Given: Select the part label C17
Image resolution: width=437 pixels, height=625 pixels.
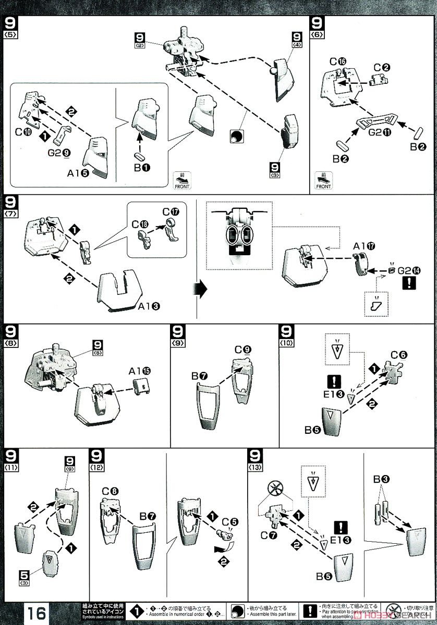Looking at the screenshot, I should [171, 212].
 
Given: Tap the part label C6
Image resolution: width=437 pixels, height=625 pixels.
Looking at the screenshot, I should [399, 355].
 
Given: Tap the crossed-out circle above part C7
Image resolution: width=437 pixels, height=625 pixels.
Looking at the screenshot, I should [273, 488].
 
